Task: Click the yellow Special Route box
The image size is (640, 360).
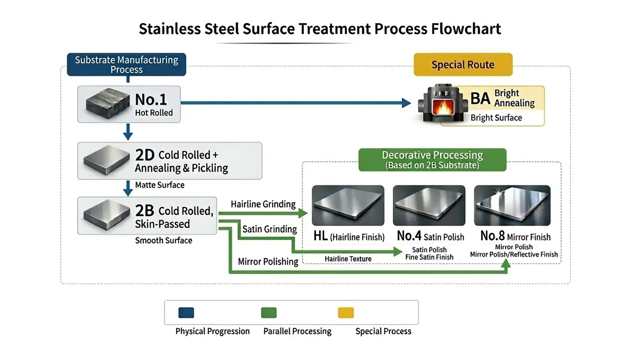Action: click(463, 64)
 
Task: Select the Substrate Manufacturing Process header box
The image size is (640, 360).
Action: click(126, 64)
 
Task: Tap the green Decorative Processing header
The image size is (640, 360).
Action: click(432, 160)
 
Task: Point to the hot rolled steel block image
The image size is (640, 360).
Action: click(108, 103)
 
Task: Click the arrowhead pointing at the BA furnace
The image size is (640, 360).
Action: click(406, 103)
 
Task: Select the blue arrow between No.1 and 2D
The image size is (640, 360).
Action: click(128, 132)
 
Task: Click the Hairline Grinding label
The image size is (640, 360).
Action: click(263, 204)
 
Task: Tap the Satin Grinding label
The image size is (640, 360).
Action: click(269, 229)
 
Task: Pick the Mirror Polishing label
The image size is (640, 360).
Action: click(268, 262)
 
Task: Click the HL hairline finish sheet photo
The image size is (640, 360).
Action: click(348, 205)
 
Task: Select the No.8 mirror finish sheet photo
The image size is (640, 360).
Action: click(512, 205)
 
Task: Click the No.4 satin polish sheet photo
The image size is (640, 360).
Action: click(429, 205)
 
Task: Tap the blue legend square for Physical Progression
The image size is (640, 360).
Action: click(186, 312)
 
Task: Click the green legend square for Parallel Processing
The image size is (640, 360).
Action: click(268, 312)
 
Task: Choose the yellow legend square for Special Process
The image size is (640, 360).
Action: click(346, 312)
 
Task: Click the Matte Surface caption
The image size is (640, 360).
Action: click(160, 185)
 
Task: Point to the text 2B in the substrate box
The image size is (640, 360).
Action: click(144, 210)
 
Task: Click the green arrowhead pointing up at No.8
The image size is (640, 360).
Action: click(506, 264)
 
